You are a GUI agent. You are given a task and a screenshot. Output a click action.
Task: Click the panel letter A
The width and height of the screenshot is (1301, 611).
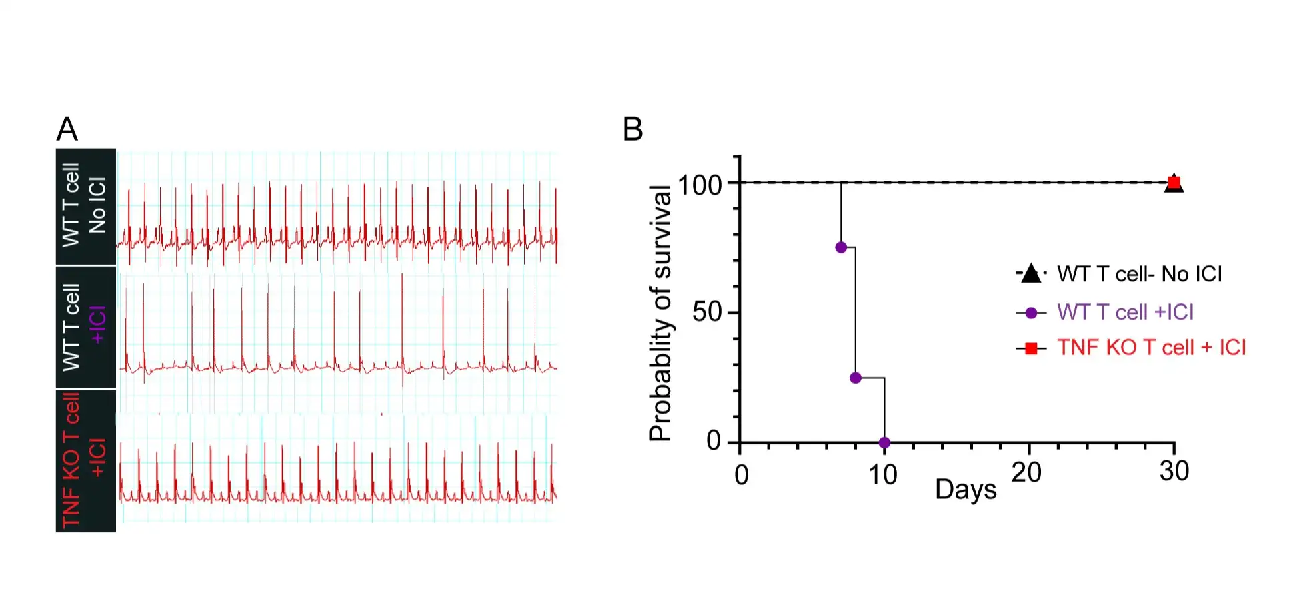(x=67, y=129)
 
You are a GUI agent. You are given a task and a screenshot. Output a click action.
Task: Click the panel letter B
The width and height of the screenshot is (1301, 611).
(x=632, y=129)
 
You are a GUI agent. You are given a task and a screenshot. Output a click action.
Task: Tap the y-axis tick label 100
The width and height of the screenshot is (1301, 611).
(x=700, y=185)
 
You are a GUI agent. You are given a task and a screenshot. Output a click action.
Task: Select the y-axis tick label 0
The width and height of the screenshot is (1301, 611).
(x=714, y=441)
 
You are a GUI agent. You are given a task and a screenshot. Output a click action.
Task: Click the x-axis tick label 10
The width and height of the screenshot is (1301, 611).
(x=882, y=475)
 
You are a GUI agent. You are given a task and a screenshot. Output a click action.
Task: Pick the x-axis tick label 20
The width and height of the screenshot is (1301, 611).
(x=1026, y=473)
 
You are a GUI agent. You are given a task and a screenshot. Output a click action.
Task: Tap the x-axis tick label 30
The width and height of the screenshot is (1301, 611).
(x=1174, y=472)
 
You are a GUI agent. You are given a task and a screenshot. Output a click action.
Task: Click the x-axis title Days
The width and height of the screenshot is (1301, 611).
(x=965, y=490)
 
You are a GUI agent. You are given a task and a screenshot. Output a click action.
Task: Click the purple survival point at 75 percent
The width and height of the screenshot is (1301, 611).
(x=841, y=247)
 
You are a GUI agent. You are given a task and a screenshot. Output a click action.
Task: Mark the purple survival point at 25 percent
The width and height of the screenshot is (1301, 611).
(x=856, y=378)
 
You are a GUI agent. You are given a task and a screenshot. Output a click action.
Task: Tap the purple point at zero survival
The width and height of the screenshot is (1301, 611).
(x=884, y=442)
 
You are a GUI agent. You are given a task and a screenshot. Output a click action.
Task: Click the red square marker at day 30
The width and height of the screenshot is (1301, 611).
(x=1174, y=182)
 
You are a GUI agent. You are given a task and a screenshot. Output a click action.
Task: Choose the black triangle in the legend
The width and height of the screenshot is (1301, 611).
(x=1031, y=273)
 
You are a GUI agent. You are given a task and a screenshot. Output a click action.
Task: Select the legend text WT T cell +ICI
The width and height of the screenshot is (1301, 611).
(x=1125, y=312)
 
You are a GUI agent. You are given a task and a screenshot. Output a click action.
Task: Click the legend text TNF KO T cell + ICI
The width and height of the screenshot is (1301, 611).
(x=1151, y=348)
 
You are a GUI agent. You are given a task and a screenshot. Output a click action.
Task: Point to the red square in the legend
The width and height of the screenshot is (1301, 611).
(x=1031, y=348)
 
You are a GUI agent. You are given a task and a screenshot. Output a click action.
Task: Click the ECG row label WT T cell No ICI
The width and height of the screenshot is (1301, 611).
(x=84, y=205)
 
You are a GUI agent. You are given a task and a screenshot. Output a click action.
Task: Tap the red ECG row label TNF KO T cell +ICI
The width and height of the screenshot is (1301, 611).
(x=84, y=460)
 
